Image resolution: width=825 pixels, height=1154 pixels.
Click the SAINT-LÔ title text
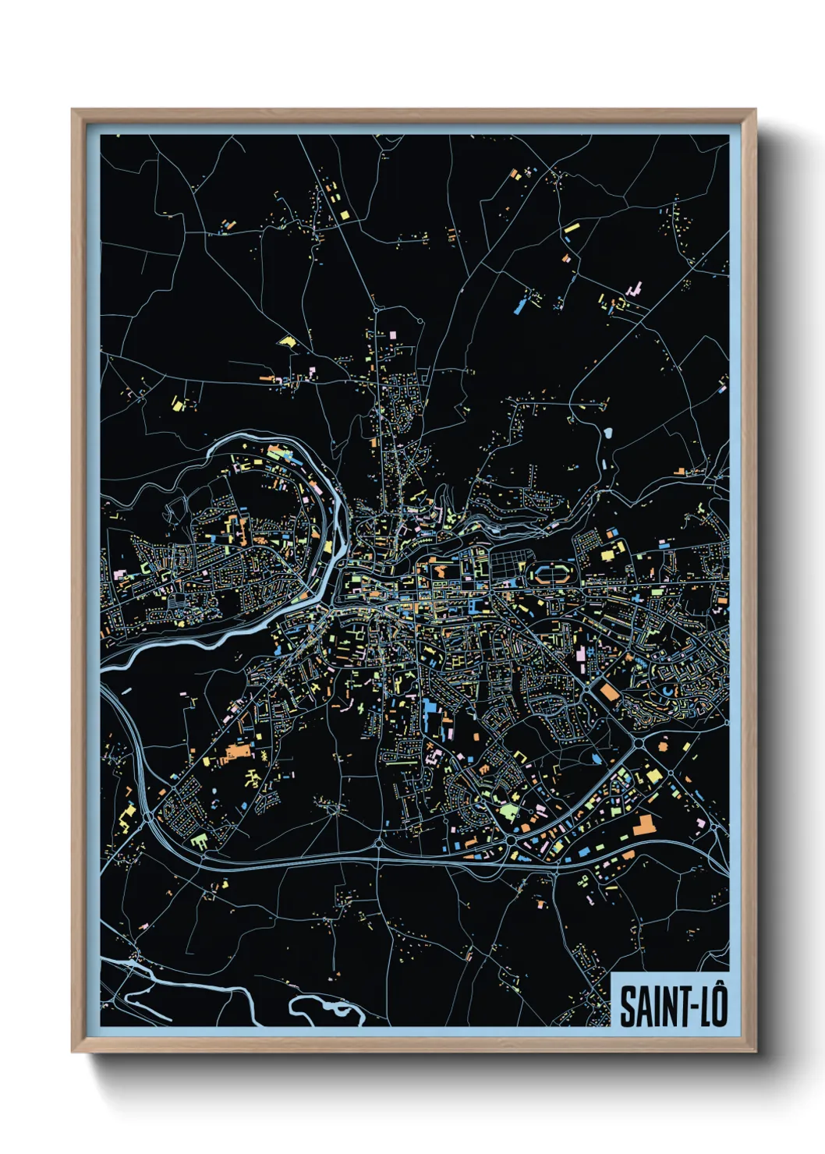coord(673,1006)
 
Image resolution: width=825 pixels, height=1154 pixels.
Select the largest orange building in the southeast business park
coord(644,825)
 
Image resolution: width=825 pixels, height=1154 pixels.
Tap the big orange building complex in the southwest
coord(239,752)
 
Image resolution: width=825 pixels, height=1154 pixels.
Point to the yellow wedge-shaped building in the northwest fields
coord(288,341)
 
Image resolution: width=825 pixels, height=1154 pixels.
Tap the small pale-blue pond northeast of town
coord(607,430)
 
